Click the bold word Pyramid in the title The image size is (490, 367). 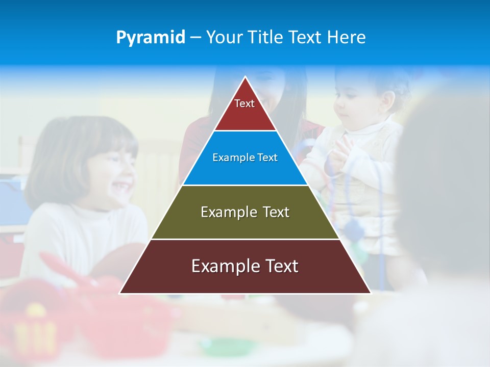point(151,38)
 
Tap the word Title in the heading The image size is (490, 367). point(265,38)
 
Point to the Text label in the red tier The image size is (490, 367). point(244,103)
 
